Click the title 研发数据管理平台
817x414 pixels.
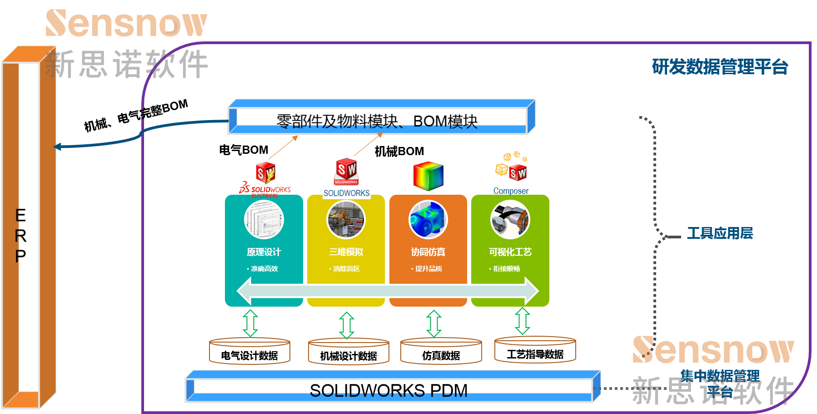pyautogui.click(x=720, y=67)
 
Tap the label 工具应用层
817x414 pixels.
pyautogui.click(x=720, y=233)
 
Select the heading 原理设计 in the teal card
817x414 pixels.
pyautogui.click(x=264, y=252)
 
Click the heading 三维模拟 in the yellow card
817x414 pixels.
pyautogui.click(x=346, y=252)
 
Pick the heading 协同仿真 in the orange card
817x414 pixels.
pyautogui.click(x=428, y=252)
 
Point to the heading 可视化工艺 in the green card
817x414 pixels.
pyautogui.click(x=510, y=252)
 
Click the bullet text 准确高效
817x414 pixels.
pyautogui.click(x=264, y=269)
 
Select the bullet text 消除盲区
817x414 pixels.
pyautogui.click(x=346, y=269)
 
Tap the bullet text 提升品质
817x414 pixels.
pyautogui.click(x=428, y=269)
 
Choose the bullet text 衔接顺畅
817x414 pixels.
pyautogui.click(x=507, y=269)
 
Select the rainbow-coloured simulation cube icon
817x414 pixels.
pyautogui.click(x=428, y=176)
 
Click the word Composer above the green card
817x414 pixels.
pyautogui.click(x=511, y=191)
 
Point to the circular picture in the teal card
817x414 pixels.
pyautogui.click(x=264, y=220)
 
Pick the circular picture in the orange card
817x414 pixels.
pyautogui.click(x=428, y=220)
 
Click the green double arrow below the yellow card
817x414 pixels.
pyautogui.click(x=347, y=325)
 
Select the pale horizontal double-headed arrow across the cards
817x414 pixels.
pyautogui.click(x=388, y=291)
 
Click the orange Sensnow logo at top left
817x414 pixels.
pyautogui.click(x=126, y=23)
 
